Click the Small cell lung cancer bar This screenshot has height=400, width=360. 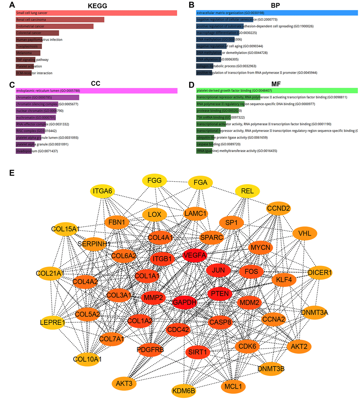click(96, 13)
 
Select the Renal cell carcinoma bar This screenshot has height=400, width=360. click(60, 20)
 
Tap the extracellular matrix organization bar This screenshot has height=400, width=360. click(277, 13)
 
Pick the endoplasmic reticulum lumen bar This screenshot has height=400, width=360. click(96, 91)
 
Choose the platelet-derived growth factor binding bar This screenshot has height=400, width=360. click(277, 91)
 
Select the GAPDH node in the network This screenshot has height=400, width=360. click(184, 302)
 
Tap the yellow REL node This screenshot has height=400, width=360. click(247, 191)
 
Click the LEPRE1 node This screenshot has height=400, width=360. click(52, 322)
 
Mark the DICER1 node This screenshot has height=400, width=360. click(320, 272)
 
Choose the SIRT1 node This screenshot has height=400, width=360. click(197, 352)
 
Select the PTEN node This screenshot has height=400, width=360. click(220, 293)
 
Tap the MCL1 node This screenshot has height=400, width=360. click(233, 386)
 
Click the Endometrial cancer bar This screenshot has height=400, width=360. click(55, 26)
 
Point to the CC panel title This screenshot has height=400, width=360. click(96, 84)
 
